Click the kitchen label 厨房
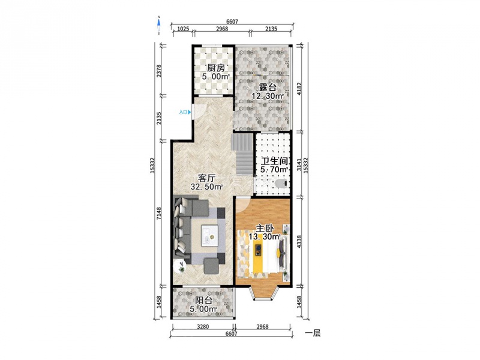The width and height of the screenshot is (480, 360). coord(216,68)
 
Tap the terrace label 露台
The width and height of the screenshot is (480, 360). coord(268,87)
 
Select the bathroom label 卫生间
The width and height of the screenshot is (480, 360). coord(275,161)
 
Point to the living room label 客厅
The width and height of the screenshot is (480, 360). coord(206,178)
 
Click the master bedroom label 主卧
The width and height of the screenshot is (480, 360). coord(265,229)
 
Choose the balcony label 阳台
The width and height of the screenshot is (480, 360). coord(203,301)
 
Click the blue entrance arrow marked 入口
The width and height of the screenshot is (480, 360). coord(190,112)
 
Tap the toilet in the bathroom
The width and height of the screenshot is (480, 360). coord(281,184)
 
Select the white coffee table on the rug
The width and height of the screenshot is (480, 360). coord(209,235)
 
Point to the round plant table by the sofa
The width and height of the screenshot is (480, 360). coord(179,266)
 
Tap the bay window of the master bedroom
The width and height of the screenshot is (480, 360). coord(265,292)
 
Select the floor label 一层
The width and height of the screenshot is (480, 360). coord(313,333)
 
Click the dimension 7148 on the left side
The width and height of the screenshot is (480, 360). coord(159,214)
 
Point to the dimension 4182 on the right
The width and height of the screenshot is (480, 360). coord(299,88)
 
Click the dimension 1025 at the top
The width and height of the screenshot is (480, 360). coord(183,29)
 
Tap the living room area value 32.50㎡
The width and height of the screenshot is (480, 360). coord(206,187)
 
